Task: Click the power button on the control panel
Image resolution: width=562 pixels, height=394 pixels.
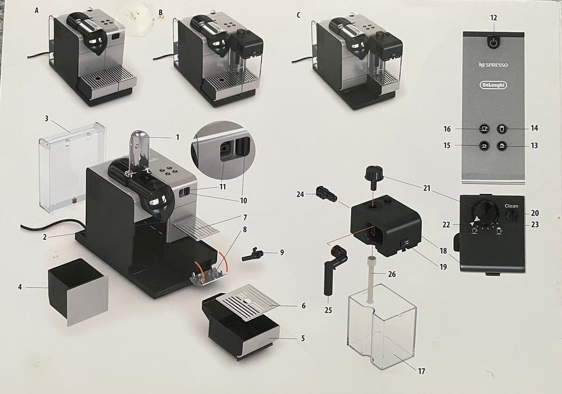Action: pyautogui.click(x=494, y=43)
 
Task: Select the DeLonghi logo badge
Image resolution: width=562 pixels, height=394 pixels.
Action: pyautogui.click(x=494, y=85)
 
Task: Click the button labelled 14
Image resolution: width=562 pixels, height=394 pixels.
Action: pyautogui.click(x=502, y=129)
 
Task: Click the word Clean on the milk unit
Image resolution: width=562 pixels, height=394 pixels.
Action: pyautogui.click(x=511, y=206)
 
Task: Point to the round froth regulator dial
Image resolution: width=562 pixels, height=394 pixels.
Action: pyautogui.click(x=484, y=212)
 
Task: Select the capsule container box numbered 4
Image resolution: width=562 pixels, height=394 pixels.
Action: pyautogui.click(x=77, y=288)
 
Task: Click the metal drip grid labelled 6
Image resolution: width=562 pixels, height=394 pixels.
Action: pyautogui.click(x=249, y=301)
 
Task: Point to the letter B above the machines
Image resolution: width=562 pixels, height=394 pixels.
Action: pyautogui.click(x=161, y=12)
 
